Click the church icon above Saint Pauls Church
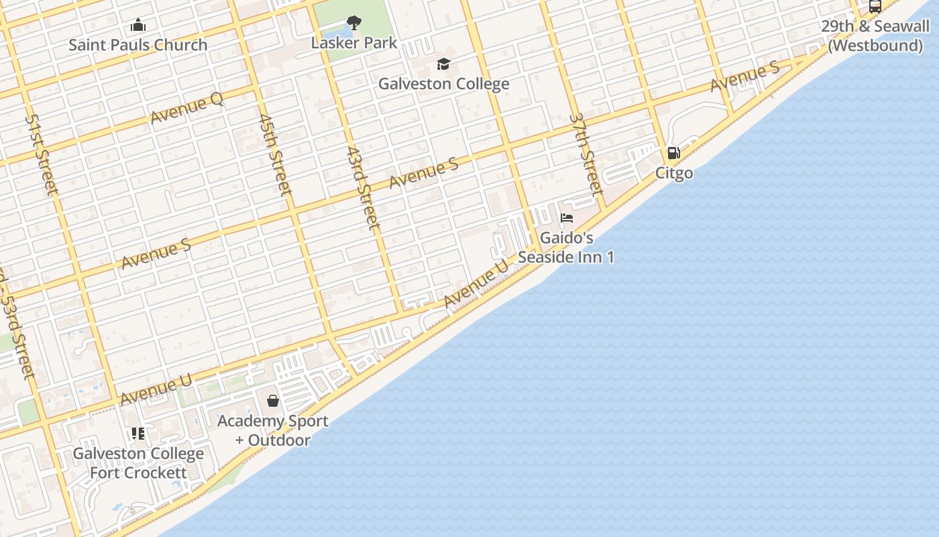click(x=138, y=26)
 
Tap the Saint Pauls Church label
click(x=138, y=45)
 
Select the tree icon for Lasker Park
click(x=354, y=23)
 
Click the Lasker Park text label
click(x=354, y=43)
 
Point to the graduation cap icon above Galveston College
click(x=443, y=64)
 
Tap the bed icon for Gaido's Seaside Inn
click(x=567, y=218)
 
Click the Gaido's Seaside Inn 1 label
click(x=566, y=248)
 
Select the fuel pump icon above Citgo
click(x=674, y=153)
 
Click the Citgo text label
click(x=674, y=173)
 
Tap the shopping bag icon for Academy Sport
click(x=273, y=401)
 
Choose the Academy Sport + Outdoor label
click(x=273, y=430)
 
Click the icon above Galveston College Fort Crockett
click(x=138, y=434)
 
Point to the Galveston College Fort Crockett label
click(x=138, y=463)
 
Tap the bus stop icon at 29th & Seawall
click(x=875, y=7)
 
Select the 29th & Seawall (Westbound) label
click(x=875, y=36)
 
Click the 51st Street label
click(x=42, y=154)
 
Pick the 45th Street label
click(x=275, y=154)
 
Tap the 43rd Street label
click(x=364, y=189)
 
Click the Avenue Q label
click(x=186, y=108)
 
